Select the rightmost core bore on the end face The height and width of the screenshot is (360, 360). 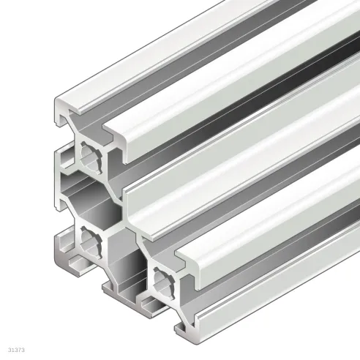click(165, 279)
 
